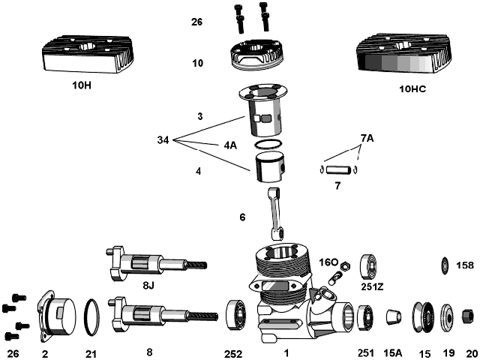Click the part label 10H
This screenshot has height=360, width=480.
(x=82, y=85)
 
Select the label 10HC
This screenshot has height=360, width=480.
(x=412, y=89)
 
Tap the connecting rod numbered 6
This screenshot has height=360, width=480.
(x=275, y=213)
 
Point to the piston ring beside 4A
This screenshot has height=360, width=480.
(x=268, y=145)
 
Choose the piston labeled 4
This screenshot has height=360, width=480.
(x=270, y=168)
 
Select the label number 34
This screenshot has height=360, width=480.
(x=163, y=140)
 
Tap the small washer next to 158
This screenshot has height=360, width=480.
(x=445, y=265)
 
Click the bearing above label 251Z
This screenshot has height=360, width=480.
(x=369, y=267)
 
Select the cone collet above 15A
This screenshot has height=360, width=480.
(x=394, y=316)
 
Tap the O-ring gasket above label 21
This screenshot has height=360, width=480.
(x=91, y=317)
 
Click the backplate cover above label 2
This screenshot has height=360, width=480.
(x=57, y=315)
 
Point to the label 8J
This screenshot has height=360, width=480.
(x=148, y=286)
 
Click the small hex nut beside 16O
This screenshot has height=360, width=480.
(x=346, y=265)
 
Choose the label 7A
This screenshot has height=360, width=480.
(x=367, y=138)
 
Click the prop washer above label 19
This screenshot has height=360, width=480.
(x=448, y=317)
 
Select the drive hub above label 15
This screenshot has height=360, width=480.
(x=423, y=317)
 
